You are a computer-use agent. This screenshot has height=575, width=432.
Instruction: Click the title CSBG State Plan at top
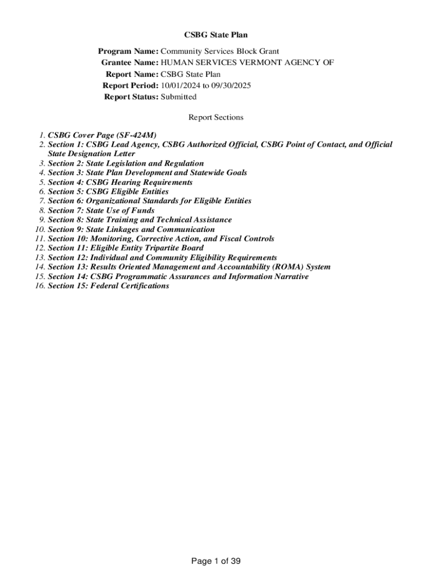(x=216, y=35)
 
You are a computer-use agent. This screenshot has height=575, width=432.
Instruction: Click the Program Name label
(x=128, y=52)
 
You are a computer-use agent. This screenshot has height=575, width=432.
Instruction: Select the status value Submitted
(x=178, y=97)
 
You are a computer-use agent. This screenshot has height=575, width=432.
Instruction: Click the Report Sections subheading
(x=216, y=117)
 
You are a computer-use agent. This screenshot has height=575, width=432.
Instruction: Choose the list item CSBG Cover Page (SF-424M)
(x=102, y=135)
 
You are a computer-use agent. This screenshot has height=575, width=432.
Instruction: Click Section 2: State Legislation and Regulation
(x=126, y=163)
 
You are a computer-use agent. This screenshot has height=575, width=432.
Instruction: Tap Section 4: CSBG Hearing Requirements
(x=120, y=182)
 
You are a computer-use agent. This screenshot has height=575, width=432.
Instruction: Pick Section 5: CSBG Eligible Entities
(x=108, y=191)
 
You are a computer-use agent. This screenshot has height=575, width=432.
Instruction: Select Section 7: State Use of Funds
(x=101, y=211)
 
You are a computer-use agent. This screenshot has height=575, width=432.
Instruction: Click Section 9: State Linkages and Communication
(x=131, y=229)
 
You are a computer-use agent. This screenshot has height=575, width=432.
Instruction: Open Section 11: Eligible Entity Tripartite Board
(x=126, y=248)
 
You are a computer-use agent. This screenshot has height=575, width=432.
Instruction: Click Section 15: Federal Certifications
(x=108, y=286)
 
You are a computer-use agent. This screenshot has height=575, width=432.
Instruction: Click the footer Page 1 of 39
(x=216, y=561)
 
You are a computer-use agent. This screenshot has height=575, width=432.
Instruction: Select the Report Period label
(x=130, y=85)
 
